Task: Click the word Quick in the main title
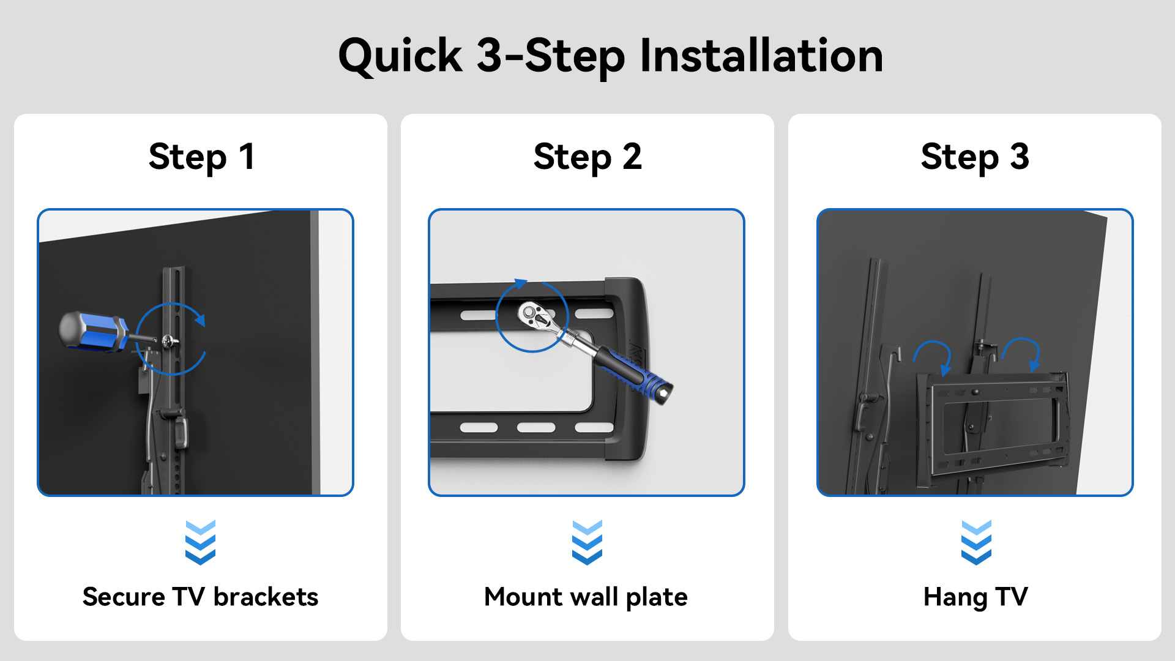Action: tap(400, 57)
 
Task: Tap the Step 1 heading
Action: tap(201, 157)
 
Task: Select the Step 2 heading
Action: tap(587, 157)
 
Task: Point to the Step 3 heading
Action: tap(975, 157)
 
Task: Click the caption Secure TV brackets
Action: tap(201, 597)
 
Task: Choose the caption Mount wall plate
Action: tap(586, 597)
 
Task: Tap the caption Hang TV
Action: tap(975, 597)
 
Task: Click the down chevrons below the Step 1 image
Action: tap(201, 542)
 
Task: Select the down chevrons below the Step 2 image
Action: tap(587, 542)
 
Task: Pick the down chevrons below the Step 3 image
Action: tap(976, 542)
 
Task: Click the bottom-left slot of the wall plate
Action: tap(479, 428)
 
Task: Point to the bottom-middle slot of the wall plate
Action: tap(536, 428)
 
